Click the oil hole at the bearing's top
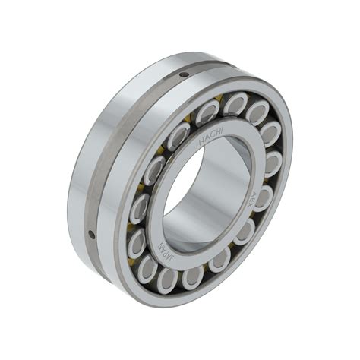coord(184,74)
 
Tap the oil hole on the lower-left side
coord(92,234)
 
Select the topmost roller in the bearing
coord(235,103)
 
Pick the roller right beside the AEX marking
coord(262,199)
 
